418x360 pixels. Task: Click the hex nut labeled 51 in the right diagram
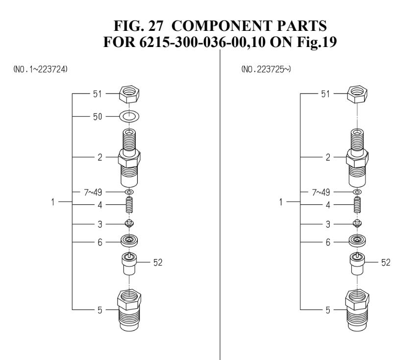coord(357,93)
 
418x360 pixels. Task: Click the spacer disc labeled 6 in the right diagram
coord(357,241)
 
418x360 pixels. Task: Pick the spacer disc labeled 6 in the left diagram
coord(130,241)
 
